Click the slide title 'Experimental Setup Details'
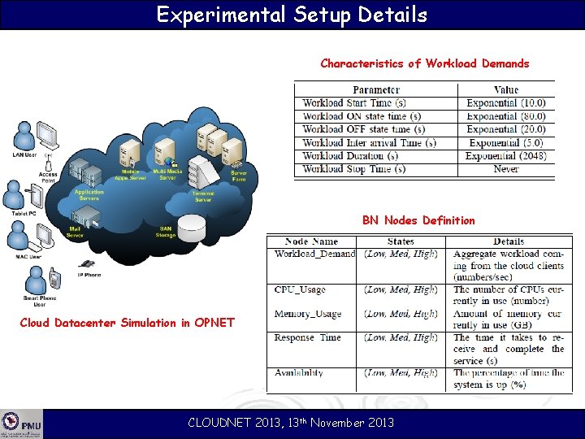[292, 15]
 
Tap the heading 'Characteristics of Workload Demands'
[424, 63]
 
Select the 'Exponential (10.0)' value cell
[505, 103]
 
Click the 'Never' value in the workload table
[505, 169]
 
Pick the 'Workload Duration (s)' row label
[349, 156]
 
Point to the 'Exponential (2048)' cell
[505, 156]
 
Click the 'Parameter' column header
[375, 89]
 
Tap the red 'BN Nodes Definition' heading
[418, 220]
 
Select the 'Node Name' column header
[312, 241]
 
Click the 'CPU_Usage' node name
[300, 289]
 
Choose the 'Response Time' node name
[307, 337]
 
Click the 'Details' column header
[508, 241]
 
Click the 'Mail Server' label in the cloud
[75, 233]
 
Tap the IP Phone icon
[86, 264]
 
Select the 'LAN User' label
[24, 154]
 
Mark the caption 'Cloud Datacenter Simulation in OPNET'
[127, 323]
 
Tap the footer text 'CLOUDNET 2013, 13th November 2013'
[291, 422]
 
